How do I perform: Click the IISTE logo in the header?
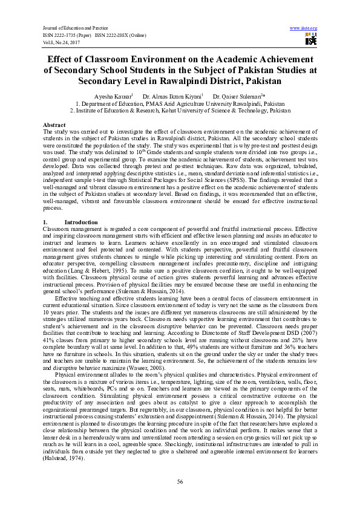311,40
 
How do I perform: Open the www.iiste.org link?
304,28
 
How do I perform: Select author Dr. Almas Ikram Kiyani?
172,97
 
